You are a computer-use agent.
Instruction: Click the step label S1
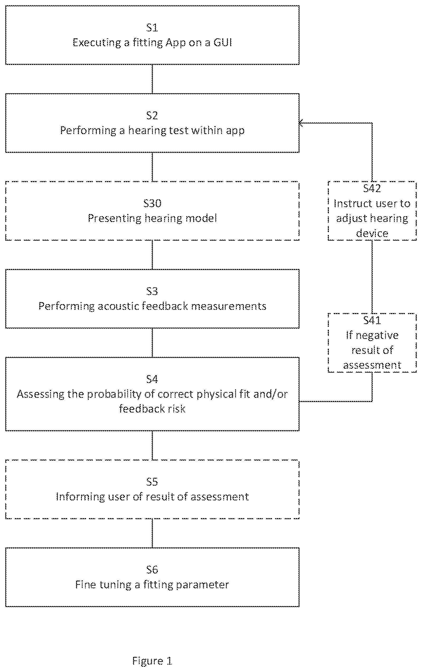pyautogui.click(x=152, y=28)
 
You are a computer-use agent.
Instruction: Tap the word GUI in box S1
pyautogui.click(x=223, y=42)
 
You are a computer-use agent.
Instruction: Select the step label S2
pyautogui.click(x=152, y=116)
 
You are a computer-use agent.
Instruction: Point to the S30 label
pyautogui.click(x=152, y=204)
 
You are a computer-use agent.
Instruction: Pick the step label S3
pyautogui.click(x=152, y=291)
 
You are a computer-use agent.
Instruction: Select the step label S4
pyautogui.click(x=152, y=379)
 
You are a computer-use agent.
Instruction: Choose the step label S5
pyautogui.click(x=152, y=482)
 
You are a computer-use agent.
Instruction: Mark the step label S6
pyautogui.click(x=152, y=570)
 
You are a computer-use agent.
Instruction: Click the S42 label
pyautogui.click(x=372, y=189)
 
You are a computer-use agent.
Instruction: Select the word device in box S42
pyautogui.click(x=372, y=233)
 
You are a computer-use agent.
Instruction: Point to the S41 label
pyautogui.click(x=372, y=321)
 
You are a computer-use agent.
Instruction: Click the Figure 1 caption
pyautogui.click(x=152, y=661)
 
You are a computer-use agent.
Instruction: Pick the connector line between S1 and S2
pyautogui.click(x=152, y=79)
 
